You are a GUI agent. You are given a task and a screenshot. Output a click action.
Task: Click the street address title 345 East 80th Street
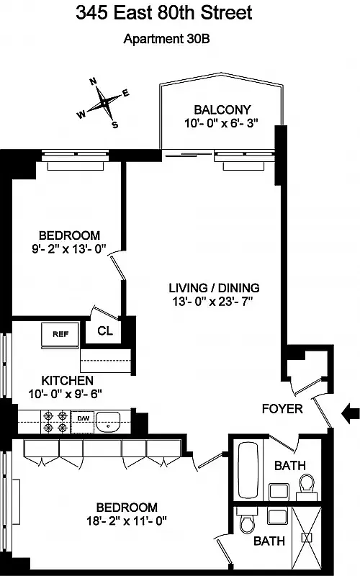click(180, 14)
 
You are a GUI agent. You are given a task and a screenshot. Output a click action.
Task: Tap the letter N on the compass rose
click(93, 82)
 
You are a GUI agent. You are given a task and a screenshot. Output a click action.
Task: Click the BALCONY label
click(218, 109)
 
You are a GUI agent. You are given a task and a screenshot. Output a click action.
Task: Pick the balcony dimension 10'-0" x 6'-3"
click(218, 123)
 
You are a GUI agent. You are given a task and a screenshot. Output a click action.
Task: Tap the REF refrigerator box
click(60, 333)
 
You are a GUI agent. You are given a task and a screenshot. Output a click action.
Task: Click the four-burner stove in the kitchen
click(55, 422)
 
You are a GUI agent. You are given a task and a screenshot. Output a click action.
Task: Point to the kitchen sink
click(110, 421)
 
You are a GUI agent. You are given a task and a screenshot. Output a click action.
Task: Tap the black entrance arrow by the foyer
click(350, 413)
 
